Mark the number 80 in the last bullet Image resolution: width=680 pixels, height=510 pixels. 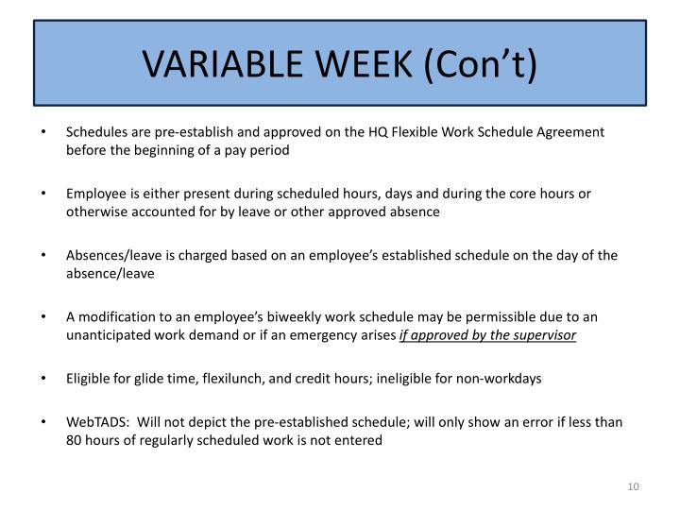(74, 441)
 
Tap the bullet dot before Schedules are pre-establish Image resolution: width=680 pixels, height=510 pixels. (45, 132)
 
